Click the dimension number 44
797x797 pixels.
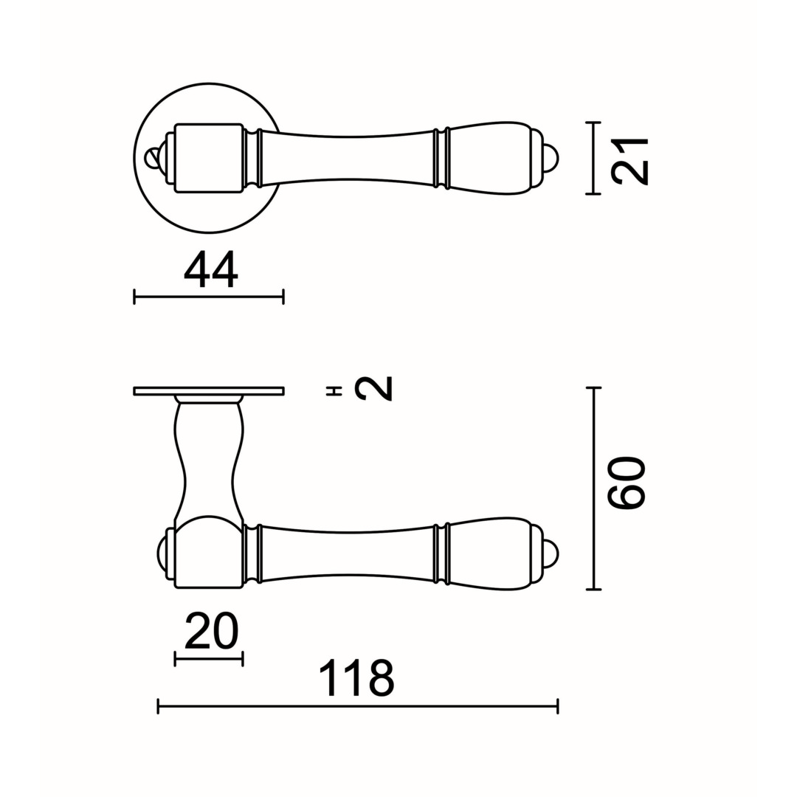click(x=210, y=269)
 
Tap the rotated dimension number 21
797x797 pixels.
click(x=629, y=162)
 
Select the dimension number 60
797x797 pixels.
click(x=626, y=483)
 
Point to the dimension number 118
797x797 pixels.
click(x=357, y=679)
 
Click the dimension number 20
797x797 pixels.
click(x=211, y=632)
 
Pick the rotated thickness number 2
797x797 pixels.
click(x=373, y=389)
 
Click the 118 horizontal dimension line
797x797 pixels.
click(x=357, y=707)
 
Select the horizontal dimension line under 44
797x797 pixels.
click(x=209, y=297)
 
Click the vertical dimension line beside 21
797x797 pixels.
click(x=593, y=158)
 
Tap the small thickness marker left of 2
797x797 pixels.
click(x=334, y=390)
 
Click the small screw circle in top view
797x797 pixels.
click(x=153, y=158)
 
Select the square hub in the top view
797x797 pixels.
click(x=209, y=158)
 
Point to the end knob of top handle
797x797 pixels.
click(x=550, y=158)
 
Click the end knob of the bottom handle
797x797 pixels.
click(x=550, y=553)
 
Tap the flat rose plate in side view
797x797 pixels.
click(x=209, y=391)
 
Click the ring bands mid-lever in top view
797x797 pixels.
click(x=441, y=158)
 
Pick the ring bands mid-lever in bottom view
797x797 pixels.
click(x=441, y=553)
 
